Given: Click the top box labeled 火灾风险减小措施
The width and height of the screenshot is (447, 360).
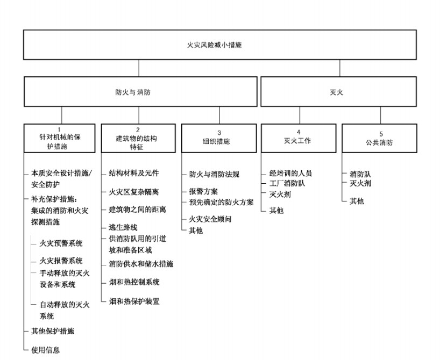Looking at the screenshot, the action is (220, 45).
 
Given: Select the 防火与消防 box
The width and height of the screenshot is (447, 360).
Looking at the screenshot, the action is (140, 92).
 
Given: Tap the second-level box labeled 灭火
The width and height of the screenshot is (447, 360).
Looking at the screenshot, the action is (338, 92).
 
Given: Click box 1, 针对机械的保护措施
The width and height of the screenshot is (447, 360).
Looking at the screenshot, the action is (60, 139).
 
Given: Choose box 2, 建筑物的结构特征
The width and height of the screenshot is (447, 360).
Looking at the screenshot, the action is (138, 139).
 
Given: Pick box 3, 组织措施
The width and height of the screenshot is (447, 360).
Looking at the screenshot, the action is (219, 139).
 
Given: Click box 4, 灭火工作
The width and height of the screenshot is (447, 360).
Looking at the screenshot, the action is (299, 139).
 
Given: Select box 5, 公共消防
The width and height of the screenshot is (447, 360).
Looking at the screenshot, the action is (379, 139).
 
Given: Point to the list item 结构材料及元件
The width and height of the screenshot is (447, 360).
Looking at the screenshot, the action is (134, 173).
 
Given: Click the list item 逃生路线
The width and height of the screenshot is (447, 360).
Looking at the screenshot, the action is (123, 227).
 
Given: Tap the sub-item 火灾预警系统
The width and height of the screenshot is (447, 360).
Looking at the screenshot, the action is (61, 243).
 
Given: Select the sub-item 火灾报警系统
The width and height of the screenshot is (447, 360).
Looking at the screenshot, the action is (61, 261).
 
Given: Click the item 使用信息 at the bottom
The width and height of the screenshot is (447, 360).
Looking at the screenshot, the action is (45, 350).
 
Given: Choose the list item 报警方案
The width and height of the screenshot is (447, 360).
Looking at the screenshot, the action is (203, 191).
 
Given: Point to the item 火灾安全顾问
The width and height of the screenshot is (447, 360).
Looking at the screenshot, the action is (210, 219).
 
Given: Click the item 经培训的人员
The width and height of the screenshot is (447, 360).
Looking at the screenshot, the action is (290, 173).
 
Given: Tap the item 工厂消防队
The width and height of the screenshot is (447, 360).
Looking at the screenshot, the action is (287, 183).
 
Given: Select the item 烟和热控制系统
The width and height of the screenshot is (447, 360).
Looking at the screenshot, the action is (134, 282).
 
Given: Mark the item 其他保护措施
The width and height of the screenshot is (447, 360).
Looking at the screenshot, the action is (53, 331).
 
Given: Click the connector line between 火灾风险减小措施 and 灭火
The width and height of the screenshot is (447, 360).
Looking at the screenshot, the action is (339, 68).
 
